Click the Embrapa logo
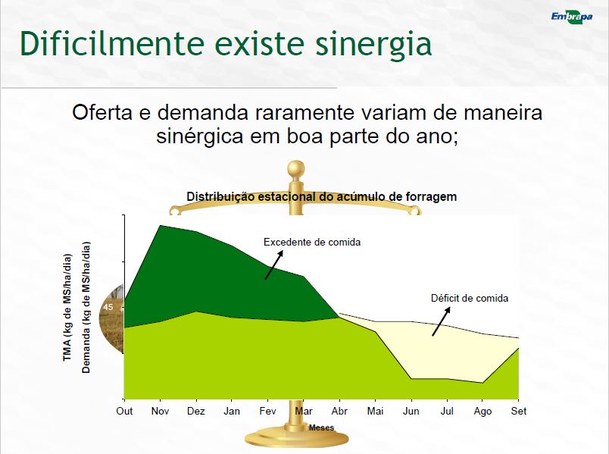coord(572,17)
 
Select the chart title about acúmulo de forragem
coord(322,196)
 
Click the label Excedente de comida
coord(312,243)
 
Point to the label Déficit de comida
coord(470,298)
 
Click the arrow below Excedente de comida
coord(273,265)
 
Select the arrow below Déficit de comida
coord(441,321)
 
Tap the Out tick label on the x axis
coord(124,411)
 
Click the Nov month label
coord(160,411)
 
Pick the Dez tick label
coord(195,411)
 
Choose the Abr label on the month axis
coord(339,411)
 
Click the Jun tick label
coord(411,411)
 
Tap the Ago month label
coord(483,412)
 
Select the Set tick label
coord(519,411)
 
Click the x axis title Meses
coord(322,427)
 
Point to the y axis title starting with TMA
coord(67,308)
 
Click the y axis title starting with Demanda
coord(86,308)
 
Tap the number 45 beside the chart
coord(108,307)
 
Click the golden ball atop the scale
coord(296,169)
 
